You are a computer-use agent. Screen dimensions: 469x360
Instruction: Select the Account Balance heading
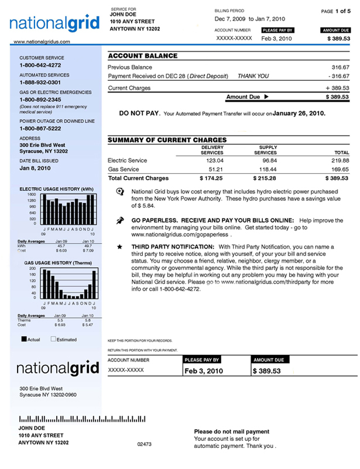(143, 56)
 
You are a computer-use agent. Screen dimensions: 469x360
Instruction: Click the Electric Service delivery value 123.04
(215, 160)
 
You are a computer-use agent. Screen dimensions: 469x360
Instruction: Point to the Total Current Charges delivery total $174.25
(212, 178)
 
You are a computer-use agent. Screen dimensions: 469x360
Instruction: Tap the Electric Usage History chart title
(56, 189)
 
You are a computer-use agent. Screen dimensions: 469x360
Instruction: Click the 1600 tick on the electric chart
(32, 195)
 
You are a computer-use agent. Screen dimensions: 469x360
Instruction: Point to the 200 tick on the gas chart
(32, 269)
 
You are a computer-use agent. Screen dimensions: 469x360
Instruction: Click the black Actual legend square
(24, 339)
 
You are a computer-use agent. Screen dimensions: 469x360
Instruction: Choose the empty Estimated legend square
(53, 339)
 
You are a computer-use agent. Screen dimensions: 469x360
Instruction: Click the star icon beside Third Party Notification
(120, 247)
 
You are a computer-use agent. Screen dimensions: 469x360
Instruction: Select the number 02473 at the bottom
(144, 444)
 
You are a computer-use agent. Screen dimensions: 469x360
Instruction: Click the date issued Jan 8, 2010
(35, 168)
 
